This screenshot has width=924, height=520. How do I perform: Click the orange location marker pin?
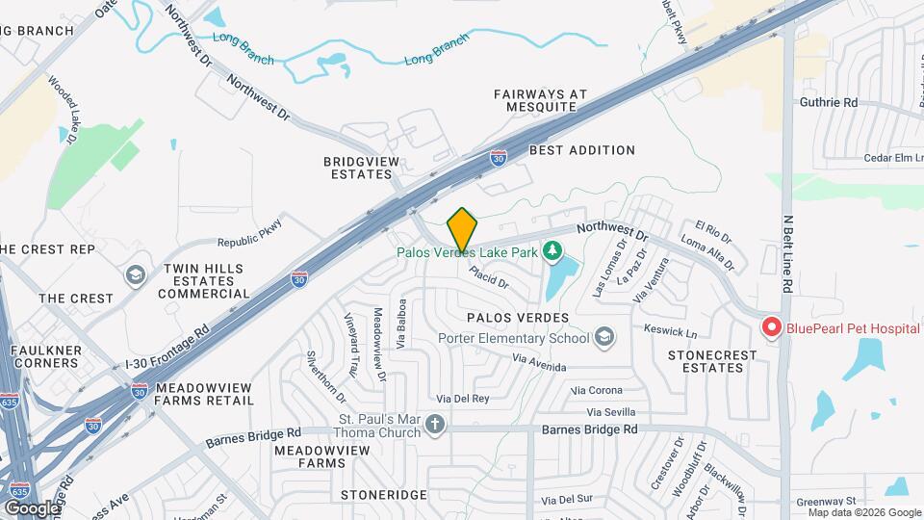[462, 229]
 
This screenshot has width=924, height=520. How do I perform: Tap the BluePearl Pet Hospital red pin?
[771, 327]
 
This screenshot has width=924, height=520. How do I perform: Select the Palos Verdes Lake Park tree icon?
[552, 252]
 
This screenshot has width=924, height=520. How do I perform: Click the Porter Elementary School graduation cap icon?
[603, 337]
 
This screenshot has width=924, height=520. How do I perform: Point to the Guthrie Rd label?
[828, 102]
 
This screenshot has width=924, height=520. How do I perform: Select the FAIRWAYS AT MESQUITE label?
[540, 101]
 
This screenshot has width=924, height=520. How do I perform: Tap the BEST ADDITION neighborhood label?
[582, 150]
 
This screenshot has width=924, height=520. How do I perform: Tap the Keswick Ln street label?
[671, 331]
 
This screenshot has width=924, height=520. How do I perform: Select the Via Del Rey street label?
[463, 398]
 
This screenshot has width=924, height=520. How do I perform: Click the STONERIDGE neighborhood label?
[383, 494]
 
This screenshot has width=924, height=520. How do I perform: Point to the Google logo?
[33, 507]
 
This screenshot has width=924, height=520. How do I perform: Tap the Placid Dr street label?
[489, 277]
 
